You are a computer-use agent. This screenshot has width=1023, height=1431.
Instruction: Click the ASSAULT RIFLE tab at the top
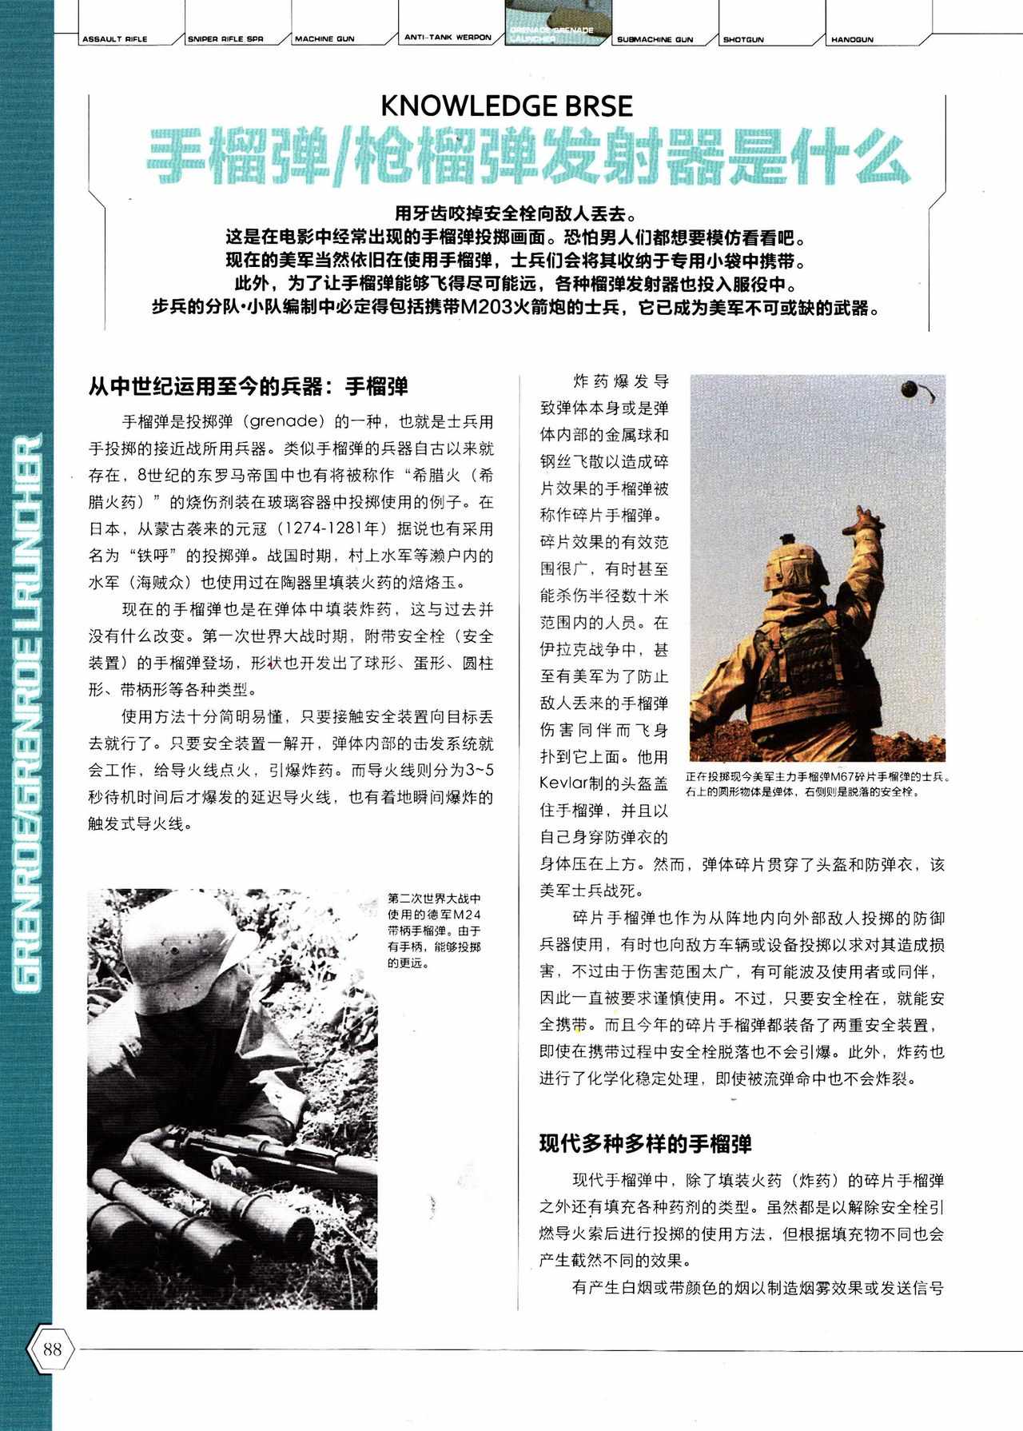[x=115, y=38]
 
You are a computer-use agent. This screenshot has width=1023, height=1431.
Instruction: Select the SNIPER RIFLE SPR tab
[x=225, y=38]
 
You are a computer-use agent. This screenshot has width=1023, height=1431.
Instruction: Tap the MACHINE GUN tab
[x=324, y=38]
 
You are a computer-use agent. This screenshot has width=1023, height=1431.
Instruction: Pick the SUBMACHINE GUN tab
[x=655, y=38]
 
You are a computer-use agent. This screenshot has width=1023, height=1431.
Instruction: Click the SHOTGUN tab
[x=743, y=38]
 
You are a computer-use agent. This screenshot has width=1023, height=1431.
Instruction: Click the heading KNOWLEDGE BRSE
[x=508, y=106]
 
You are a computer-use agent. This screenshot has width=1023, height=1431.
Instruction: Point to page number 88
[x=53, y=1349]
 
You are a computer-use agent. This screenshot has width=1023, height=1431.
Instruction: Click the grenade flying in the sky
[x=911, y=389]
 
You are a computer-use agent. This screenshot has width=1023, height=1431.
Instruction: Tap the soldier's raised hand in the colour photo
[x=865, y=520]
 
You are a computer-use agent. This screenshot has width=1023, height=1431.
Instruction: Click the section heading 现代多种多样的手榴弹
[x=645, y=1144]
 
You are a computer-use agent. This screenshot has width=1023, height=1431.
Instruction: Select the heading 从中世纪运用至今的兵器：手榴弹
[x=249, y=387]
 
